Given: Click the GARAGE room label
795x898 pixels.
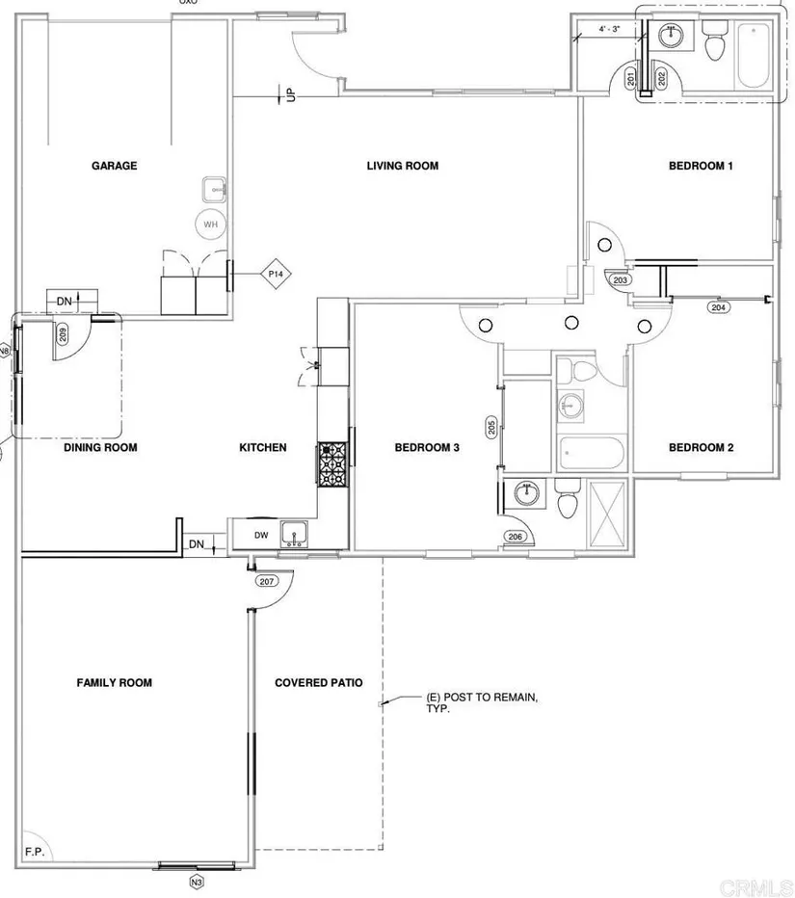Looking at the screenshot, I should tap(115, 166).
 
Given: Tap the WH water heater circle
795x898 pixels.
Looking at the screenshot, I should tap(210, 224).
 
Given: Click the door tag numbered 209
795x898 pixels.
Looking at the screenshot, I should tap(63, 335).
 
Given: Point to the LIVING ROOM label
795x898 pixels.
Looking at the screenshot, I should tap(402, 166).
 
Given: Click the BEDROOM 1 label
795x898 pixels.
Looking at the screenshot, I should tap(701, 166).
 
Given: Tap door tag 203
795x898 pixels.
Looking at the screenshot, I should tap(619, 280).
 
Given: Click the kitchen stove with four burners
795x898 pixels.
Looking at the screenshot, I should tap(332, 465).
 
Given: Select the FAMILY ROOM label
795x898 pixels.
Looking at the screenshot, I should tap(114, 683).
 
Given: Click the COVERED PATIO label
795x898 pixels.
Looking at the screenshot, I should tap(319, 683).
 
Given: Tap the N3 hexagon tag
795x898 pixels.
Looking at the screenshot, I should tap(197, 879).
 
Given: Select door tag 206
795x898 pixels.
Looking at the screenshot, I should tap(515, 536).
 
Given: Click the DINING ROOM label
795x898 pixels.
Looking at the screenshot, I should tap(100, 447).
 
